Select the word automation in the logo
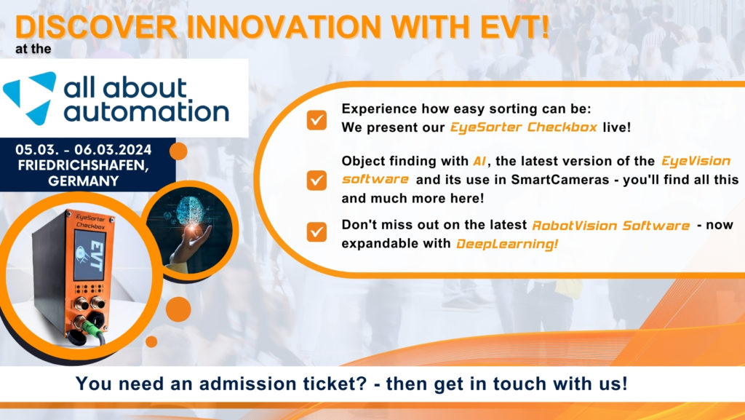click(x=146, y=111)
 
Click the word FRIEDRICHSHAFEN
click(x=84, y=165)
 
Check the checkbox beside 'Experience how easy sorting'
click(x=316, y=121)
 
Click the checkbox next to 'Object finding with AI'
click(x=316, y=180)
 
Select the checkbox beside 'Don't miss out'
click(x=316, y=231)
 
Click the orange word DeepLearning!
click(x=508, y=244)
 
